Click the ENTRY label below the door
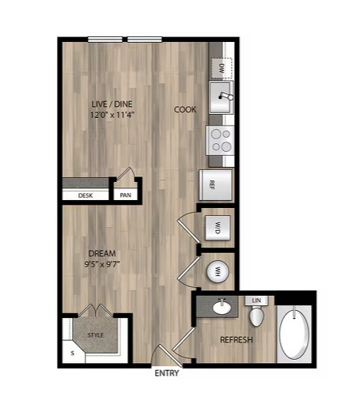(x=167, y=373)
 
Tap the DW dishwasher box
(x=222, y=68)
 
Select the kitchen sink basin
(x=221, y=97)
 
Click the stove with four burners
(x=220, y=140)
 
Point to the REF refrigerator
(x=216, y=185)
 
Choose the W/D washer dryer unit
(x=218, y=228)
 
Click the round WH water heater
(x=218, y=271)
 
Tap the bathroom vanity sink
(x=222, y=308)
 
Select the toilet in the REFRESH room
(x=256, y=316)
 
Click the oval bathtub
(x=294, y=335)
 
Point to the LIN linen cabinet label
(x=256, y=301)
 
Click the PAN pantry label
(x=125, y=195)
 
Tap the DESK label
(x=85, y=195)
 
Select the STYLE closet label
(x=96, y=335)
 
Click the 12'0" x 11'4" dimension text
(x=112, y=115)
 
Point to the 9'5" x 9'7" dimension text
(x=102, y=264)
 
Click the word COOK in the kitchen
(x=185, y=109)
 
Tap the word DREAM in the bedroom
(x=102, y=253)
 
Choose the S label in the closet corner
(x=73, y=354)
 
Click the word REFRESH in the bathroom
(x=237, y=339)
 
